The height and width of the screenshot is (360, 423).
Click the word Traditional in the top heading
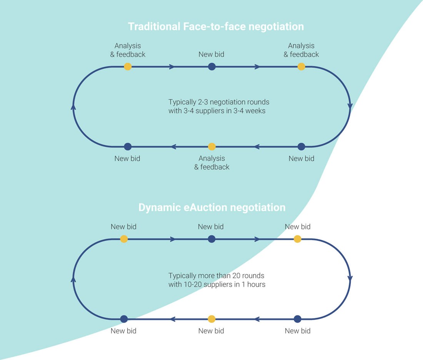pos(153,27)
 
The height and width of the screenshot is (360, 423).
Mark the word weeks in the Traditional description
pos(255,111)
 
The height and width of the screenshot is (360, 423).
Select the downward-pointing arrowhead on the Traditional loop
pos(350,106)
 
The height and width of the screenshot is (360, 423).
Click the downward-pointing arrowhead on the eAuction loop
pos(350,278)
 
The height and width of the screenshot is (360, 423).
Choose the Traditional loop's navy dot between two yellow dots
pos(211,67)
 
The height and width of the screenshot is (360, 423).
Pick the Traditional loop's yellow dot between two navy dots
pos(211,146)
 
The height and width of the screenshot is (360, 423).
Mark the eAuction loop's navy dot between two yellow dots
pos(211,239)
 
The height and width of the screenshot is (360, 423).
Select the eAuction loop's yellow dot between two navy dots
pos(211,319)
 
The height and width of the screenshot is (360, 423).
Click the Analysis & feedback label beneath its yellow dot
pos(211,163)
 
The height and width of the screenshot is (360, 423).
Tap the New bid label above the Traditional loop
pos(211,55)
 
